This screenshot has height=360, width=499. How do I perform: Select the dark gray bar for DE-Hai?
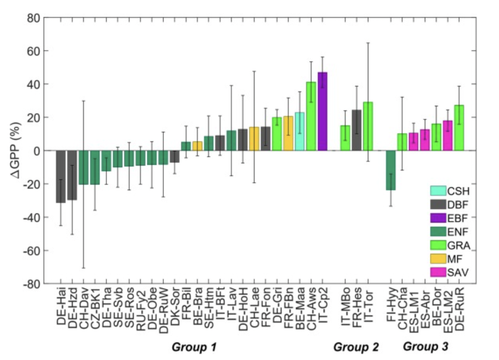[60, 176]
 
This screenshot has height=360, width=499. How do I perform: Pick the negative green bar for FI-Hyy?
[391, 170]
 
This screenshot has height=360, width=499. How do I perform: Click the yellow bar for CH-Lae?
[254, 138]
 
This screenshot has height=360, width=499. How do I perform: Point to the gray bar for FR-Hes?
[357, 130]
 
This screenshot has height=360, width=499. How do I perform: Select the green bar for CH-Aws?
[311, 116]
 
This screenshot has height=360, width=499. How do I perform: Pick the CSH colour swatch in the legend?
[438, 191]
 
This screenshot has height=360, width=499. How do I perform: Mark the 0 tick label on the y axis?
[36, 151]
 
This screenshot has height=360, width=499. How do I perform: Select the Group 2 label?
[356, 347]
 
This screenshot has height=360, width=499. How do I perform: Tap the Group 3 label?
[425, 347]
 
